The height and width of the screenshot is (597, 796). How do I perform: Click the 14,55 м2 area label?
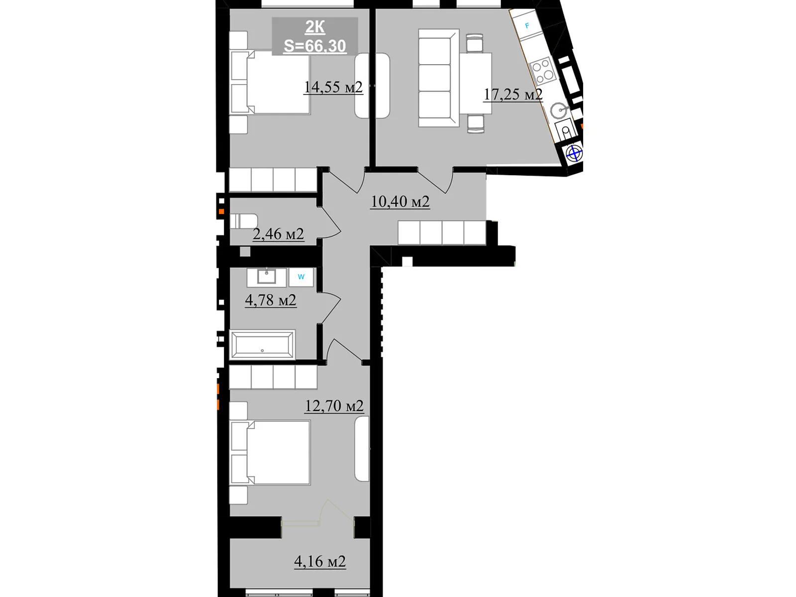pyautogui.click(x=333, y=87)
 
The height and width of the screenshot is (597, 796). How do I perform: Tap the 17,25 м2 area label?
pyautogui.click(x=513, y=94)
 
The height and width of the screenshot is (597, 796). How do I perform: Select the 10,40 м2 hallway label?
pyautogui.click(x=400, y=201)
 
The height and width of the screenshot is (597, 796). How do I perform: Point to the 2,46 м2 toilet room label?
pyautogui.click(x=278, y=233)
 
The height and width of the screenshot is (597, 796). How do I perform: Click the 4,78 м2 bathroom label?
pyautogui.click(x=271, y=300)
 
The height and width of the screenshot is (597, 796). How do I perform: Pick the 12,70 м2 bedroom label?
pyautogui.click(x=334, y=406)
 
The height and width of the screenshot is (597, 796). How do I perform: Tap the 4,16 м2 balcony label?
pyautogui.click(x=320, y=561)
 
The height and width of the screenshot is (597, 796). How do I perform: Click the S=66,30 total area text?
pyautogui.click(x=315, y=46)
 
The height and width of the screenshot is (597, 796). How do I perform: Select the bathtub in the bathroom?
pyautogui.click(x=262, y=344)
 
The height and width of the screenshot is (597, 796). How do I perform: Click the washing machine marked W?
pyautogui.click(x=301, y=277)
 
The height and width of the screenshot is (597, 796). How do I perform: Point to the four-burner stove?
pyautogui.click(x=542, y=70)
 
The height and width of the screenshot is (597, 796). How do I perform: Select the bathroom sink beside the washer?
pyautogui.click(x=267, y=277)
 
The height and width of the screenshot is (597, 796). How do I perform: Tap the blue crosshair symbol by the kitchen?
pyautogui.click(x=574, y=154)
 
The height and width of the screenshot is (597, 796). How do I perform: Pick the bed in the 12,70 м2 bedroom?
pyautogui.click(x=270, y=452)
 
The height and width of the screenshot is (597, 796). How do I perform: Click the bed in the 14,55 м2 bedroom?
pyautogui.click(x=270, y=82)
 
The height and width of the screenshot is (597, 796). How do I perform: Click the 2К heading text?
pyautogui.click(x=315, y=27)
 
